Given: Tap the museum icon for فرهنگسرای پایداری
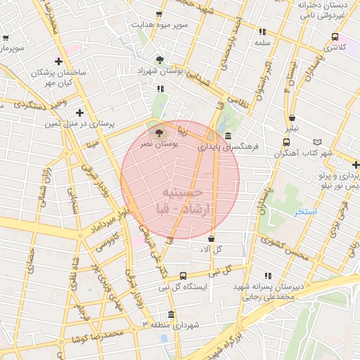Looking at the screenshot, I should point(229,136).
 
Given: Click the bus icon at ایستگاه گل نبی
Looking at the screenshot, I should point(184,276).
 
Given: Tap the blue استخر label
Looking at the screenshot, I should point(306,211).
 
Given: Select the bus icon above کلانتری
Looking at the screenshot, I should point(335,37).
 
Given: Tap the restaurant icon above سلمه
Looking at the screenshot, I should point(262,32).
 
